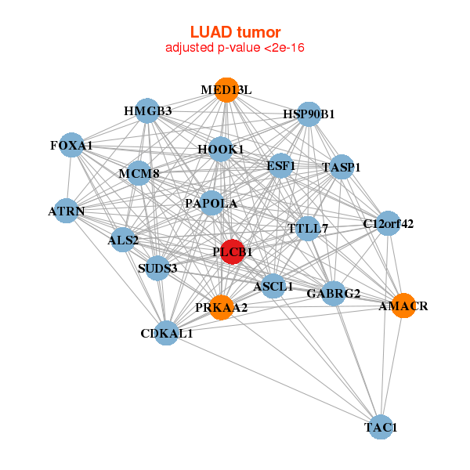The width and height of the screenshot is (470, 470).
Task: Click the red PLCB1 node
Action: pos(232,251)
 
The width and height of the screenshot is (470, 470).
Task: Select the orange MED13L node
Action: pos(226,89)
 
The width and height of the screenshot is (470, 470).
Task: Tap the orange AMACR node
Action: pos(401,305)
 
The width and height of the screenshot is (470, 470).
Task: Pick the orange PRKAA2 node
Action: pos(222,307)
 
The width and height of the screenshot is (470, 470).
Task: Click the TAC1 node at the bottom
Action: pos(381,427)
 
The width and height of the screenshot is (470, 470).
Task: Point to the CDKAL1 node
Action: pos(166,333)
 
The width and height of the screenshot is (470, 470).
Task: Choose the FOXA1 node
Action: pos(72,146)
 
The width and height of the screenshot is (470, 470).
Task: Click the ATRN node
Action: pos(67,211)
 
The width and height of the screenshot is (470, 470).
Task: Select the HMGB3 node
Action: pos(147,110)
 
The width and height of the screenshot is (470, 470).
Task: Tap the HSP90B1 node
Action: pos(309,114)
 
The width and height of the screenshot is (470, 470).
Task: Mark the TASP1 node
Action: pos(342,167)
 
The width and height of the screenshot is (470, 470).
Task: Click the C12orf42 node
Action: pos(388,224)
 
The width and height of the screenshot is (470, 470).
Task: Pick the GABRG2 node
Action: pos(334,294)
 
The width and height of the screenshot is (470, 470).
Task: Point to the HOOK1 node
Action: pos(221,149)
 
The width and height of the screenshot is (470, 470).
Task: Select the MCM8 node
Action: pos(139,173)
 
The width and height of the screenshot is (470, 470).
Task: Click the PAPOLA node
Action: pos(211,204)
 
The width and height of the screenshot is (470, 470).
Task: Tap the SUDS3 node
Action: pos(157,268)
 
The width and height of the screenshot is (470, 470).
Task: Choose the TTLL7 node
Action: pos(308,229)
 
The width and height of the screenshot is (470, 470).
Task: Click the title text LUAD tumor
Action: pos(235,32)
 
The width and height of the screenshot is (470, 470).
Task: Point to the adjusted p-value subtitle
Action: pos(235,48)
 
